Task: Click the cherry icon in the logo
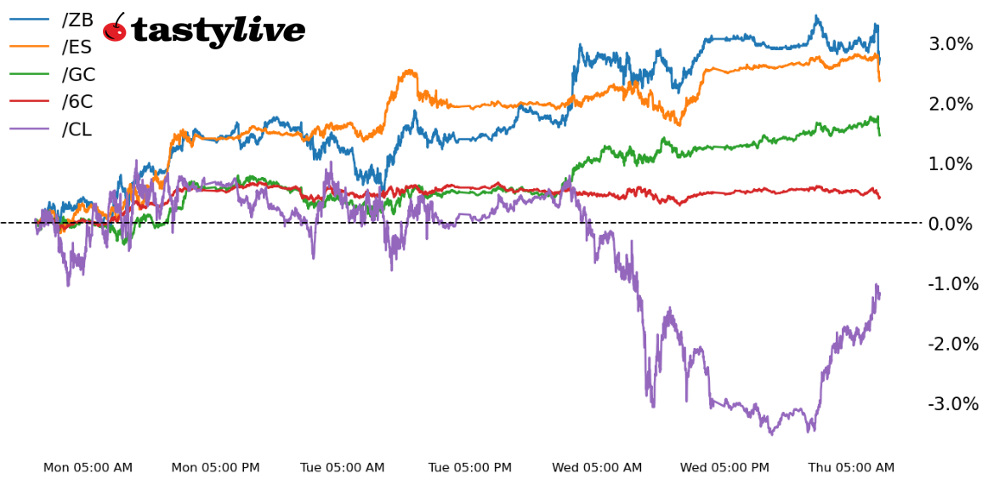[x=115, y=29]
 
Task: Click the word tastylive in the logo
[x=218, y=31]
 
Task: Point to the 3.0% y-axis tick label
[x=950, y=44]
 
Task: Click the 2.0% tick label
[x=950, y=104]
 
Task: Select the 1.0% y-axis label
[x=950, y=163]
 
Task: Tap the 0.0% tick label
[x=950, y=224]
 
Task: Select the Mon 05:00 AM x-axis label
[x=88, y=468]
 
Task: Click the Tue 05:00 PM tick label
[x=470, y=468]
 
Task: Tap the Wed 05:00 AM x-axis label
[x=597, y=468]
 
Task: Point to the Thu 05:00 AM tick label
[x=851, y=468]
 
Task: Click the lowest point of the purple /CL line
[x=771, y=435]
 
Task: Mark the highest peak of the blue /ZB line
[x=816, y=16]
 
